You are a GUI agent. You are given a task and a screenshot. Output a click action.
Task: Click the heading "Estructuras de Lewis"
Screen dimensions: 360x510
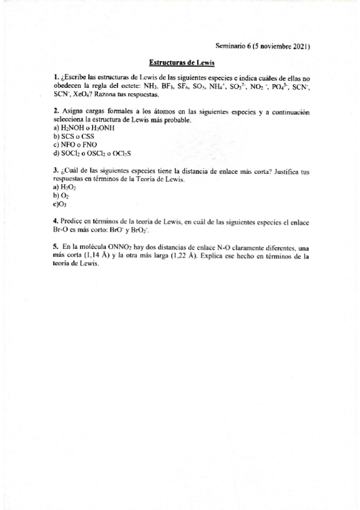pyautogui.click(x=182, y=63)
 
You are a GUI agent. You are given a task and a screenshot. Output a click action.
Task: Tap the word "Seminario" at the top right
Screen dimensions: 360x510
pyautogui.click(x=231, y=46)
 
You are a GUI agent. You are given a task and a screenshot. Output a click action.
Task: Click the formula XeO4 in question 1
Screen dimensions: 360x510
pyautogui.click(x=82, y=94)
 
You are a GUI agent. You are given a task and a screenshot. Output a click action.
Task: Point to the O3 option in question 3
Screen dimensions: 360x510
pyautogui.click(x=63, y=204)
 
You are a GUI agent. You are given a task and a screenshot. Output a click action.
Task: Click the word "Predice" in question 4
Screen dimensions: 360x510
pyautogui.click(x=73, y=222)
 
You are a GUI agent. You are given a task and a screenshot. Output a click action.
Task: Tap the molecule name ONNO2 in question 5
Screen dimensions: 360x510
pyautogui.click(x=112, y=247)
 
